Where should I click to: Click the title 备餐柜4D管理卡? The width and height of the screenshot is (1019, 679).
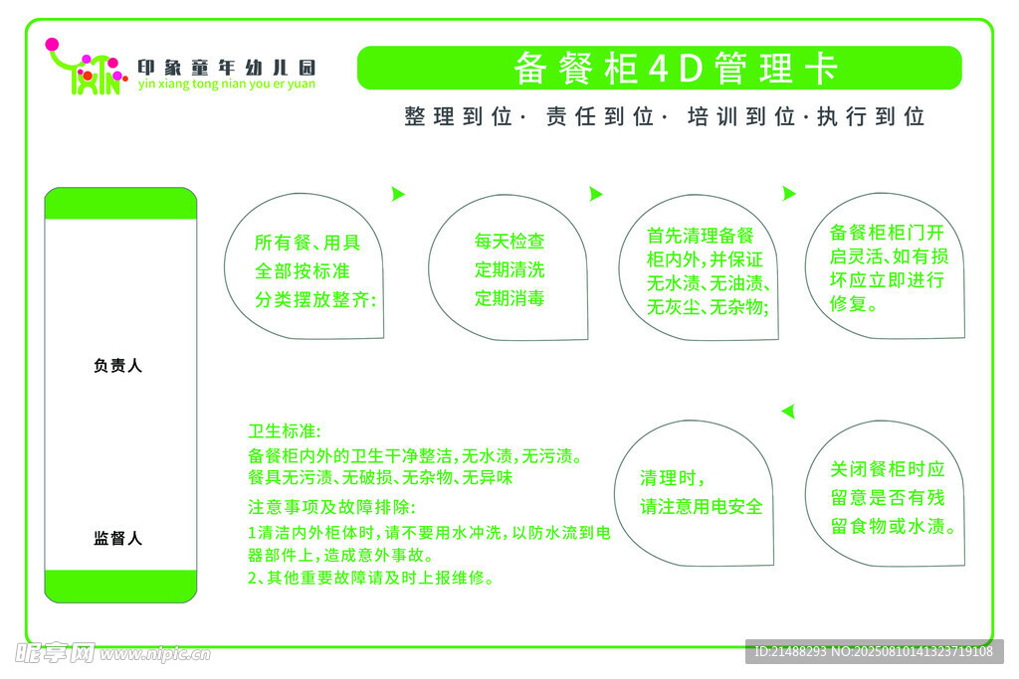(676, 69)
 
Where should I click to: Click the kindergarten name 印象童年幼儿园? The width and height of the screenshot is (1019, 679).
(226, 68)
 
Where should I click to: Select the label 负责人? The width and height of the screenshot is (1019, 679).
(117, 366)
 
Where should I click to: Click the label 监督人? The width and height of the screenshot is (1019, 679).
(117, 538)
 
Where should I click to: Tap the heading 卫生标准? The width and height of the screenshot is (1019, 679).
(284, 431)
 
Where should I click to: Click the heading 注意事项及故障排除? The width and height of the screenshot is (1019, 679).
(331, 507)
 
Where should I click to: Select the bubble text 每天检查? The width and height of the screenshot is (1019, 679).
(509, 242)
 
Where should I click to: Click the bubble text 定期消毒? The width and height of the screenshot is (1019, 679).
(509, 298)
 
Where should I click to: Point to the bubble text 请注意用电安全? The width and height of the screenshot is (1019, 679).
(702, 507)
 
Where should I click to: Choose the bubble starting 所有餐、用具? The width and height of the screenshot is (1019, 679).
(305, 266)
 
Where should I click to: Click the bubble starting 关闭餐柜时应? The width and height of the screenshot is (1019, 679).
(885, 493)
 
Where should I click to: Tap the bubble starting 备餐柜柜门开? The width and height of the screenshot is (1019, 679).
(885, 265)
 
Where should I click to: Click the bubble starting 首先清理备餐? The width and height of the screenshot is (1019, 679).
(699, 267)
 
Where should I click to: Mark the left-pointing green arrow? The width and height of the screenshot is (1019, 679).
(788, 411)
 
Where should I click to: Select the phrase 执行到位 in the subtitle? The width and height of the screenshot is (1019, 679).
(871, 117)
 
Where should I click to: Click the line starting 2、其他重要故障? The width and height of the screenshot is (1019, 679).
(370, 578)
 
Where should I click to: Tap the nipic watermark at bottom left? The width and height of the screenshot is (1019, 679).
(112, 653)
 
